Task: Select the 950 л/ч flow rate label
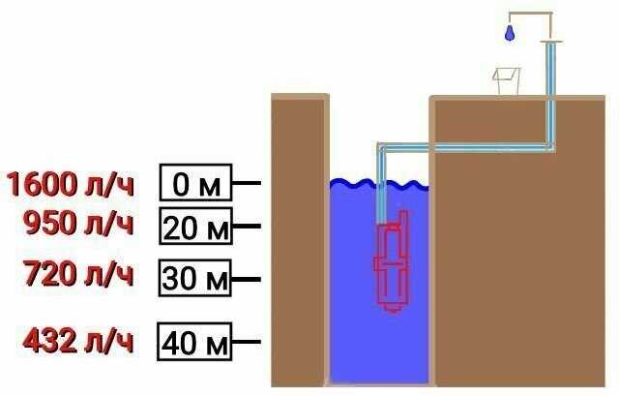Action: pyautogui.click(x=78, y=225)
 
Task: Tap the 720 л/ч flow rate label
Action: pyautogui.click(x=78, y=277)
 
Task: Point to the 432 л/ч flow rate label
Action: pyautogui.click(x=78, y=342)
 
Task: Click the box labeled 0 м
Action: pyautogui.click(x=195, y=183)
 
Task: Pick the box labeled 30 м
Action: pyautogui.click(x=195, y=279)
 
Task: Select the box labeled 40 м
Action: pyautogui.click(x=195, y=342)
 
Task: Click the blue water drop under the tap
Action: pyautogui.click(x=508, y=34)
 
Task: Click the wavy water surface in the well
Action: pyautogui.click(x=378, y=184)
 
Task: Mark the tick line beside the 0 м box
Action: pyautogui.click(x=247, y=182)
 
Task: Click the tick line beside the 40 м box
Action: pyautogui.click(x=247, y=342)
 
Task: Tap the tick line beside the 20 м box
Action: pyautogui.click(x=247, y=227)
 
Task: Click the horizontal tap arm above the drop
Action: pyautogui.click(x=528, y=15)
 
